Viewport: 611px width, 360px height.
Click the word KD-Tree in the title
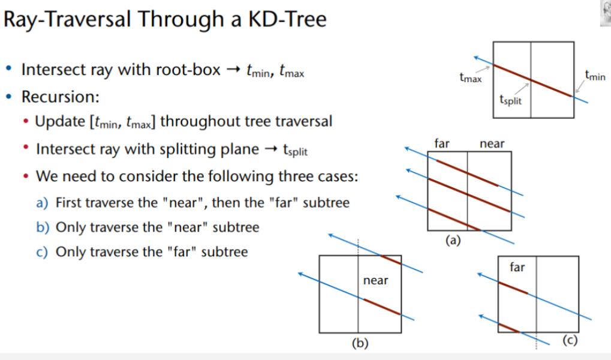pos(288,19)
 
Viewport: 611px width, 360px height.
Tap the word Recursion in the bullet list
pos(61,97)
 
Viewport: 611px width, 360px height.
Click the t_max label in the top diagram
pos(471,77)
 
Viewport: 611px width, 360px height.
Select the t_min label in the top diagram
pos(595,75)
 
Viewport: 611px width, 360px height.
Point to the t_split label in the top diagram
pos(510,100)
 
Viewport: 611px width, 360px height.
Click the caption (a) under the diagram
pos(453,240)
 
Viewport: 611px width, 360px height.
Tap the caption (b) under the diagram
pos(360,343)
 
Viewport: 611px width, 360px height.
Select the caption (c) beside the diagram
pos(570,340)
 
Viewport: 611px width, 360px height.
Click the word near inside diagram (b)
pos(375,280)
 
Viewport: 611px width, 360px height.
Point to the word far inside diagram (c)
pos(517,267)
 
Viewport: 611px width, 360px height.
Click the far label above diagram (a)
pos(442,143)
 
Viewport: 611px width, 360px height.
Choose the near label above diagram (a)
pos(492,144)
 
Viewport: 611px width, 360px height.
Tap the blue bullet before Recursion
pos(9,97)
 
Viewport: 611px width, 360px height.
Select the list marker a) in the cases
pos(42,203)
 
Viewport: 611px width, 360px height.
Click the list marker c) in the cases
pos(42,252)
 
